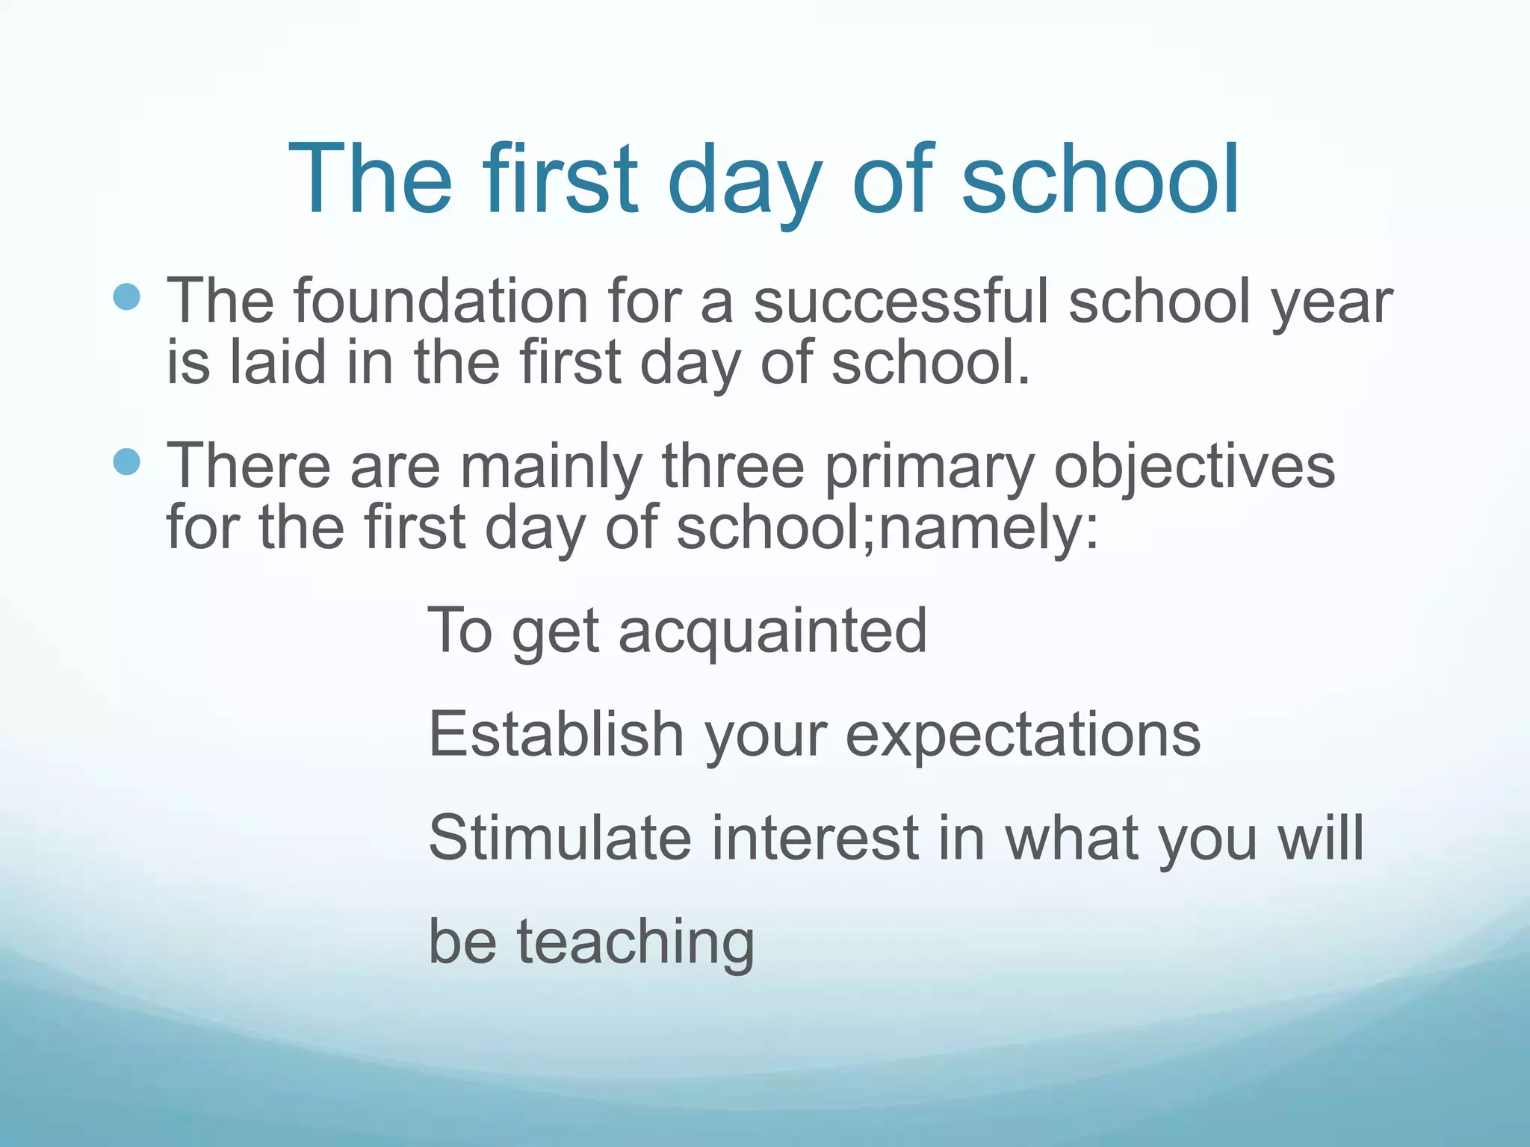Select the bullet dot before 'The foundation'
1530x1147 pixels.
coord(127,296)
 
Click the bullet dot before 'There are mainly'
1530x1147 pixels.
coord(127,461)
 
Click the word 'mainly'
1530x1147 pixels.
coord(551,467)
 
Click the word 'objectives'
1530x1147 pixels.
coord(1194,467)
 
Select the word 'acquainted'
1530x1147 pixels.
coord(773,632)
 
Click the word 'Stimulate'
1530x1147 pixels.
coord(560,837)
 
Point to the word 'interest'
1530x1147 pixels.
coord(815,837)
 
